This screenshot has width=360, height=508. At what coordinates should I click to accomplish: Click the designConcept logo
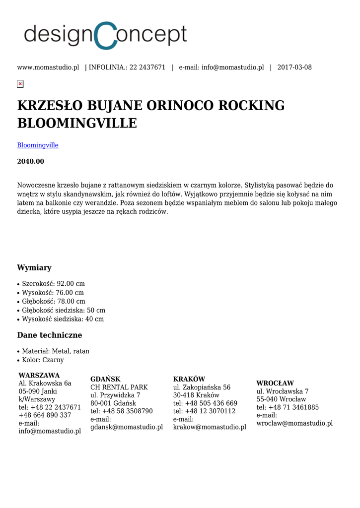[105, 36]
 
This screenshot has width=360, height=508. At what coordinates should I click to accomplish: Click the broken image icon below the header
[20, 84]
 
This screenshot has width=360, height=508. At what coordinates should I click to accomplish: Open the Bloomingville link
[38, 145]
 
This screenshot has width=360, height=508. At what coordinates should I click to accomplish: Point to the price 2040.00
[31, 161]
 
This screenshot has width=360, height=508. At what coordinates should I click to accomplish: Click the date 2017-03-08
[294, 67]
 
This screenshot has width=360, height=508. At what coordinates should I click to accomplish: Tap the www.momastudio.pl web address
[48, 67]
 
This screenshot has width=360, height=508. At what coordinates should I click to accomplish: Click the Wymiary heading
[34, 268]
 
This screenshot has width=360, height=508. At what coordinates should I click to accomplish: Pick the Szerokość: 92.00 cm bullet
[53, 284]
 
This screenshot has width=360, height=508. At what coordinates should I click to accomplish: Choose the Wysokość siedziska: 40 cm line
[63, 319]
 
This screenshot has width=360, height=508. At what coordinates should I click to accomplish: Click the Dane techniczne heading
[50, 335]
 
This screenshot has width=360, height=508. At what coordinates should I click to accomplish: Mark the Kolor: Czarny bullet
[43, 360]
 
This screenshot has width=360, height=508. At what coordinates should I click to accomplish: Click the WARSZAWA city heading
[39, 376]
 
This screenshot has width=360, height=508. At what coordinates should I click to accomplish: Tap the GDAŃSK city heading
[105, 380]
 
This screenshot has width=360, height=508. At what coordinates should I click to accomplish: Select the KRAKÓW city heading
[189, 380]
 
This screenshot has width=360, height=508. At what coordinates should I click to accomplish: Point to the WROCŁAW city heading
[275, 383]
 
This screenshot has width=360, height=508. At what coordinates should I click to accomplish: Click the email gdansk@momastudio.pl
[127, 427]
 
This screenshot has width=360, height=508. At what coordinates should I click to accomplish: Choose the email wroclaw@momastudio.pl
[294, 423]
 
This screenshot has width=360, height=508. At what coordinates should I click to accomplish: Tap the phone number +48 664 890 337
[45, 415]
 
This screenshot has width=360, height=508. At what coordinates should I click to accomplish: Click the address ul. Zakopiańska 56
[202, 387]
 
